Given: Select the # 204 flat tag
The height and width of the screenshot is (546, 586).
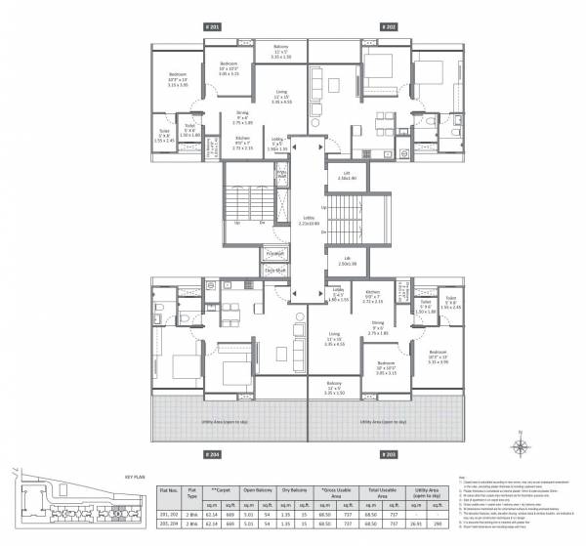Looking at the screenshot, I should click(210, 454).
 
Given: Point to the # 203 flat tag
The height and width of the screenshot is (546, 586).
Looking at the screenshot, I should click(386, 454).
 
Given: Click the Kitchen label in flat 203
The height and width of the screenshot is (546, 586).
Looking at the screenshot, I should click(372, 295).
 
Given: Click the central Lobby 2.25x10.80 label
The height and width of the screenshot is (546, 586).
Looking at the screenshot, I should click(307, 223).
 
